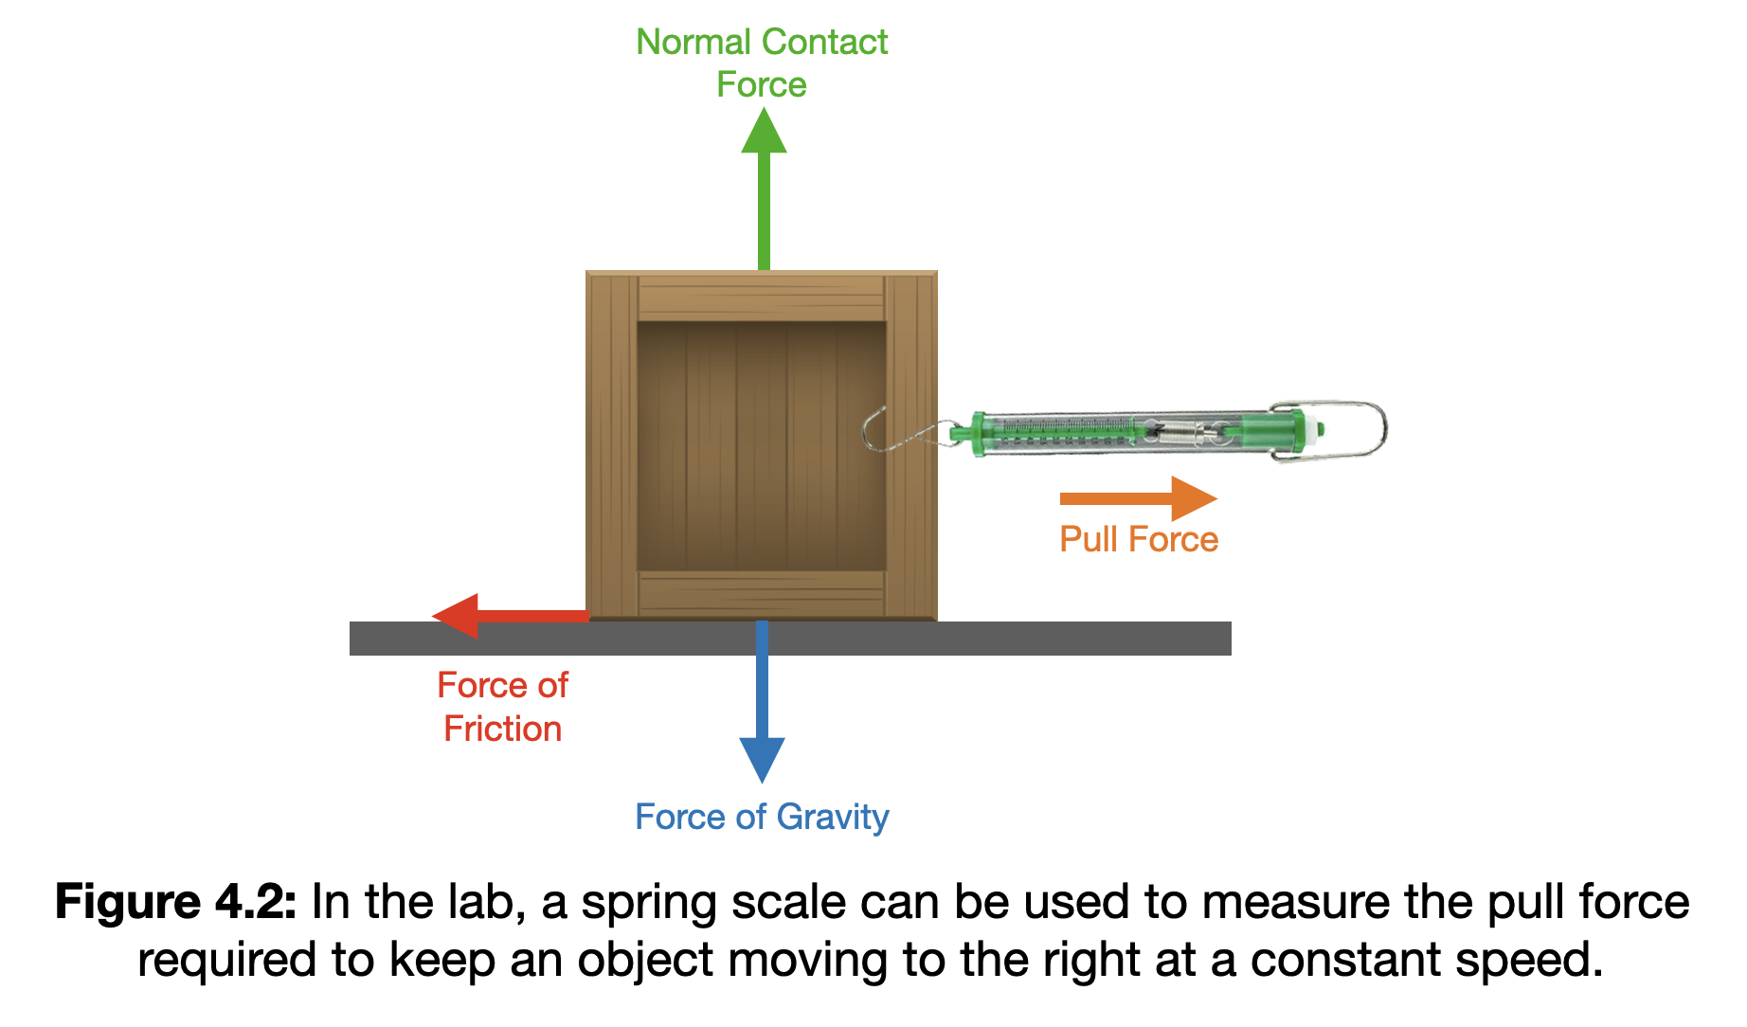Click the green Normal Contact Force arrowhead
764,132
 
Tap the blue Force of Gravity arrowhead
762,758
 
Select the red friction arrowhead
458,616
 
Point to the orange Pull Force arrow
1137,498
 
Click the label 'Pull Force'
1138,539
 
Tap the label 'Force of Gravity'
762,817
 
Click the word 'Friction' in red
502,729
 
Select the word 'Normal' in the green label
693,42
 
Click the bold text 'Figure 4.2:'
176,901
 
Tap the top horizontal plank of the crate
761,297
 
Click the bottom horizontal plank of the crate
761,594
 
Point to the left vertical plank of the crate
612,445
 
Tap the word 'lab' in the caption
487,901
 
